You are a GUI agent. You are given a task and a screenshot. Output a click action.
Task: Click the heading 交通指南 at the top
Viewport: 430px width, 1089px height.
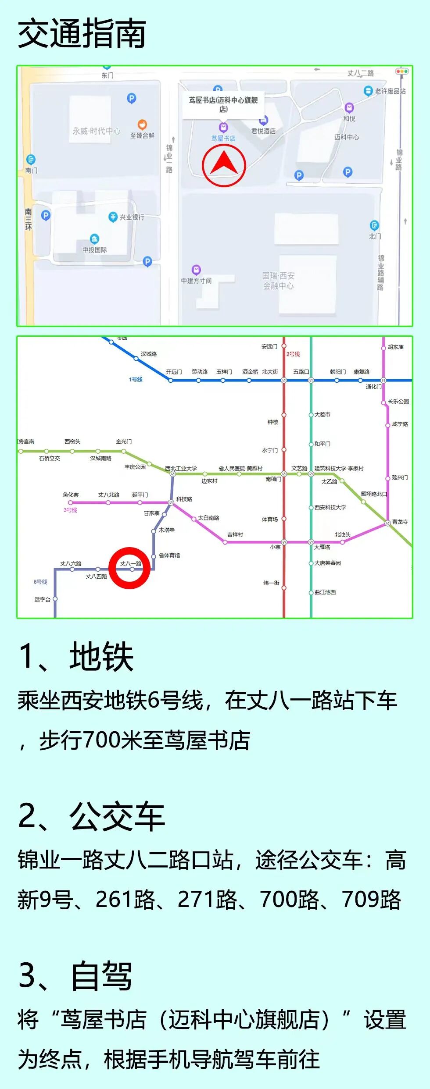click(x=82, y=34)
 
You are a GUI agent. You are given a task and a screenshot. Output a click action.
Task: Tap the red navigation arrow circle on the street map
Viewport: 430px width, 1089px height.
click(x=224, y=165)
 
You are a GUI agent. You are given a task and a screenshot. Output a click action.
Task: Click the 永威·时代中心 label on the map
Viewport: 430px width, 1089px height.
click(x=96, y=131)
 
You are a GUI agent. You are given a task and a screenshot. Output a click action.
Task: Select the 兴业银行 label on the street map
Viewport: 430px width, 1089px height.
click(x=132, y=217)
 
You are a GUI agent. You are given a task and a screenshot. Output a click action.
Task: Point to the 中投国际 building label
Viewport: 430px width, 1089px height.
click(x=94, y=249)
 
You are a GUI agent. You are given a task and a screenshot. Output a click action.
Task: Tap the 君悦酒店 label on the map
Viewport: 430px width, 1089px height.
click(x=263, y=131)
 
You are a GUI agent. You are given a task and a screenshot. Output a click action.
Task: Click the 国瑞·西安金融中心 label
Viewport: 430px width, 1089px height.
click(x=278, y=281)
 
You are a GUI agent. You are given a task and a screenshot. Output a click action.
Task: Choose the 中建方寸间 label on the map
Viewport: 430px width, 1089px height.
click(x=196, y=281)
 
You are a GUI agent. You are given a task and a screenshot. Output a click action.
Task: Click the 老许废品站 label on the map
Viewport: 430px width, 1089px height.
click(x=390, y=91)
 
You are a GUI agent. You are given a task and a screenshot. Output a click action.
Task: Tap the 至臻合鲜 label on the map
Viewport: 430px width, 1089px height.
click(x=142, y=135)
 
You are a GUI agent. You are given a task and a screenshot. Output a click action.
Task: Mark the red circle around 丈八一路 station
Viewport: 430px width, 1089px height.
click(x=130, y=568)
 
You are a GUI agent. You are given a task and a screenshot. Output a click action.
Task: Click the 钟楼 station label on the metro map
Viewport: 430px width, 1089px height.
click(x=273, y=422)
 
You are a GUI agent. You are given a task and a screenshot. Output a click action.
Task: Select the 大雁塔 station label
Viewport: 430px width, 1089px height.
click(x=322, y=547)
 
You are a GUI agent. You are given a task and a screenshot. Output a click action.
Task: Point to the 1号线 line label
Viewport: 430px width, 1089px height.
click(x=136, y=379)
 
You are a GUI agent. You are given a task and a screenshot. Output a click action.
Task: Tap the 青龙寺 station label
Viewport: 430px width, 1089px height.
click(x=400, y=522)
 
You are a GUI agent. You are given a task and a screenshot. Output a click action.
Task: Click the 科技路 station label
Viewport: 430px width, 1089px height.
click(x=184, y=499)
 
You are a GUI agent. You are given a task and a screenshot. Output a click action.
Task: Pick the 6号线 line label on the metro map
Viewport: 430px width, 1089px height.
click(x=40, y=582)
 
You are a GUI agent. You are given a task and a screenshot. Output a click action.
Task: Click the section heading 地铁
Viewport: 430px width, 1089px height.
click(x=101, y=656)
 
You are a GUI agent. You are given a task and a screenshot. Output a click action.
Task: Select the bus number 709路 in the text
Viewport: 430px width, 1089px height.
click(x=371, y=900)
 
